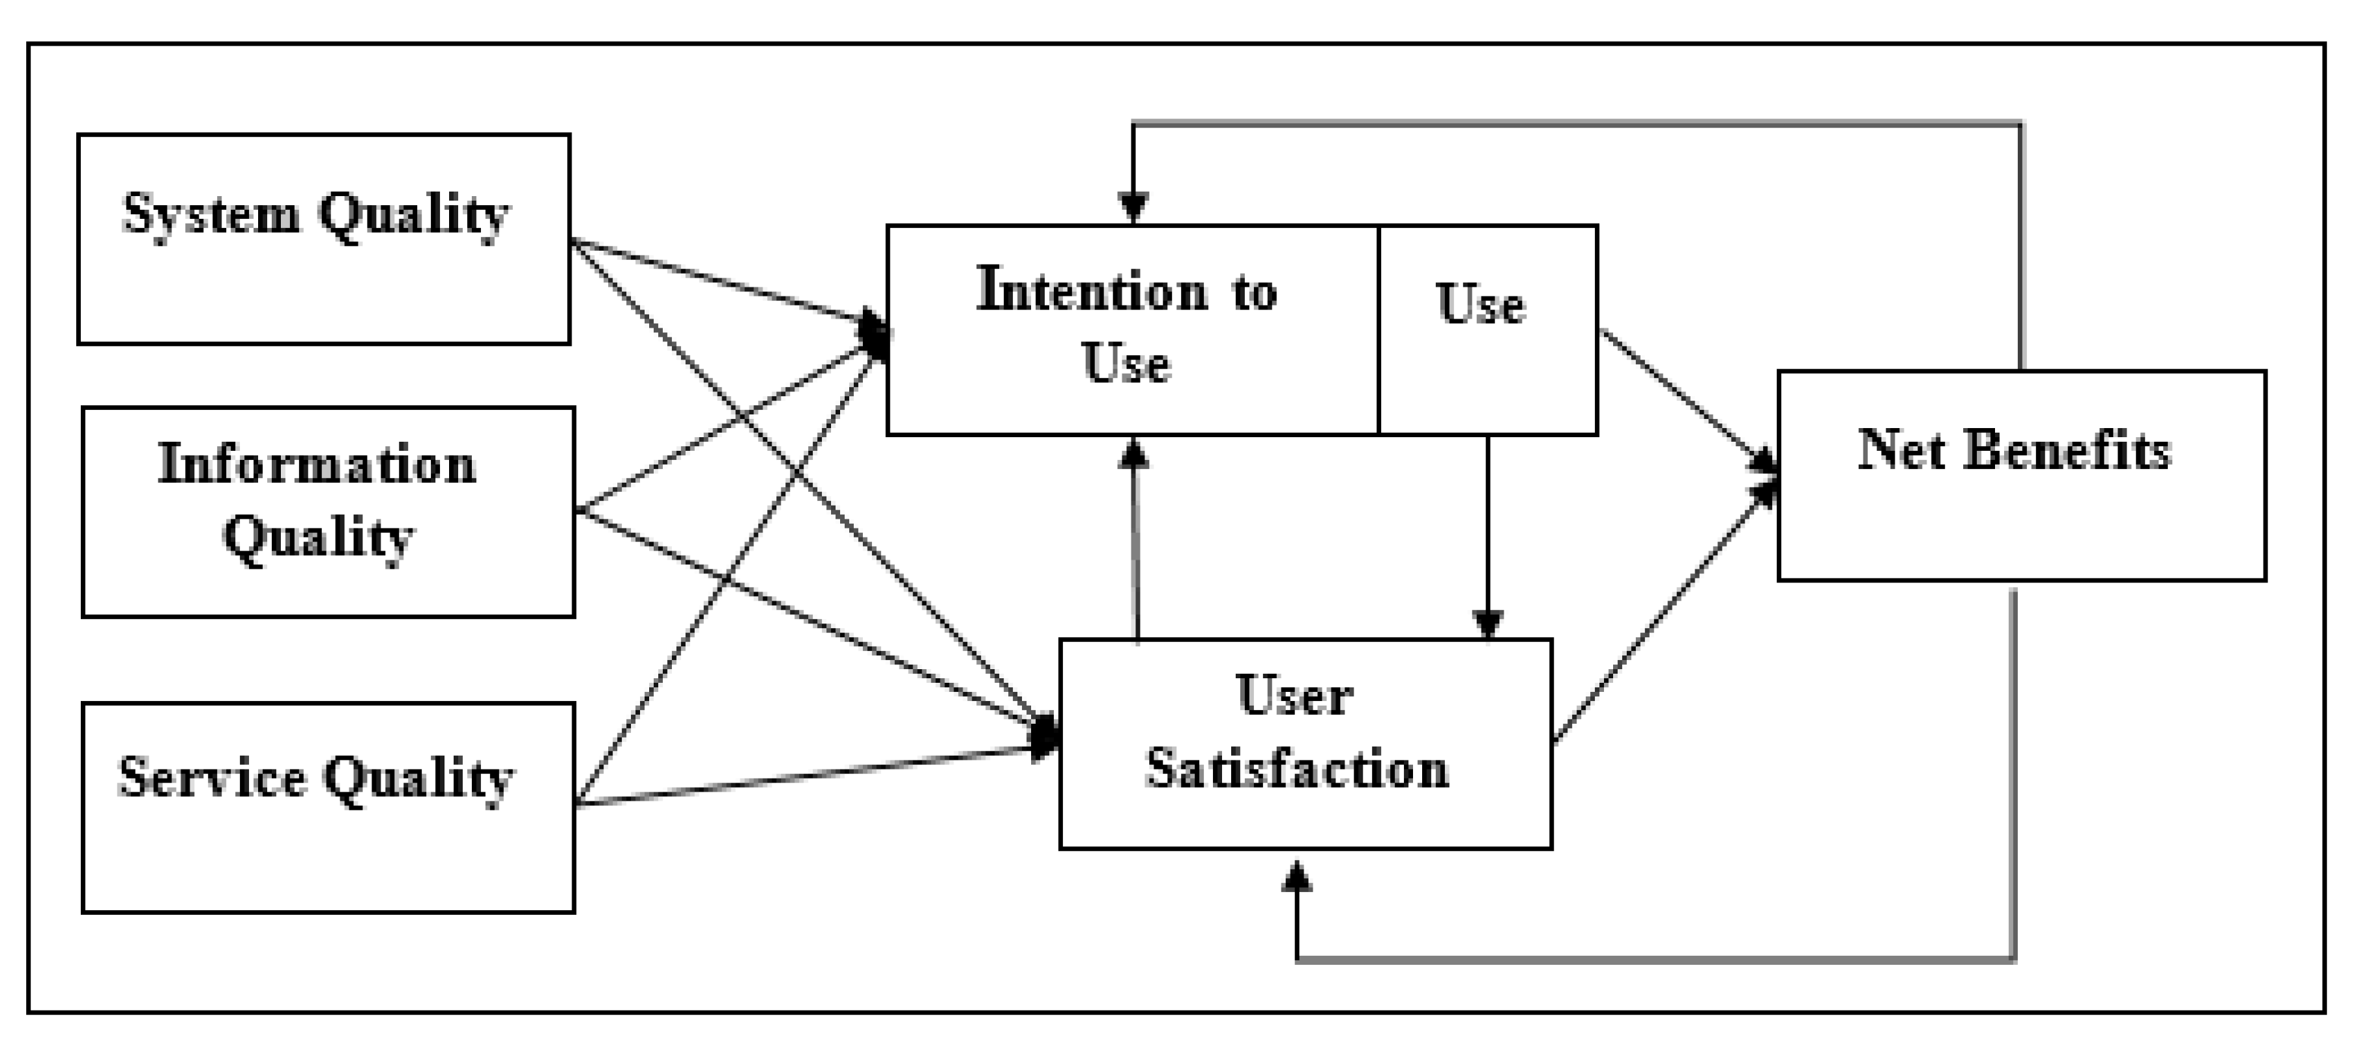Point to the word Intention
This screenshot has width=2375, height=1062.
[x=1092, y=291]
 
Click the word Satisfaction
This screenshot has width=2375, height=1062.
[x=1296, y=769]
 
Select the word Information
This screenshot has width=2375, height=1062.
[x=317, y=464]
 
